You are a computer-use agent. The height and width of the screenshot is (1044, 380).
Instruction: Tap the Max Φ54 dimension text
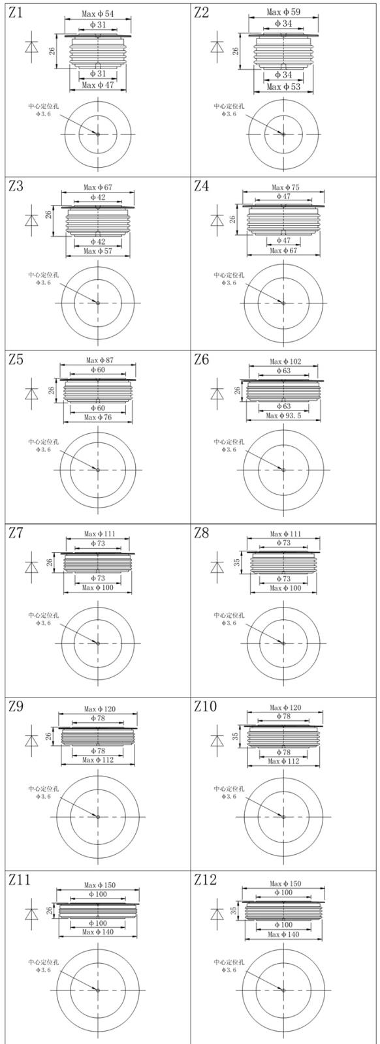coord(98,14)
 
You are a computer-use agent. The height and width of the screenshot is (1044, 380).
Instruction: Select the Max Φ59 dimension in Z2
coord(284,12)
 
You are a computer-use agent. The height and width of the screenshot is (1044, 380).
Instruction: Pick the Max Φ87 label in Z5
coord(100,360)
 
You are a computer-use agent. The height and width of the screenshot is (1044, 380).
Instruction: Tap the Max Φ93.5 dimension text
coord(283,416)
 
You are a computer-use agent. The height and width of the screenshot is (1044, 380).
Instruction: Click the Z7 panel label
coord(16,533)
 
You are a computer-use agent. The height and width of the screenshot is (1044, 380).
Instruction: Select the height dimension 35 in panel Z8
coord(237,562)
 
